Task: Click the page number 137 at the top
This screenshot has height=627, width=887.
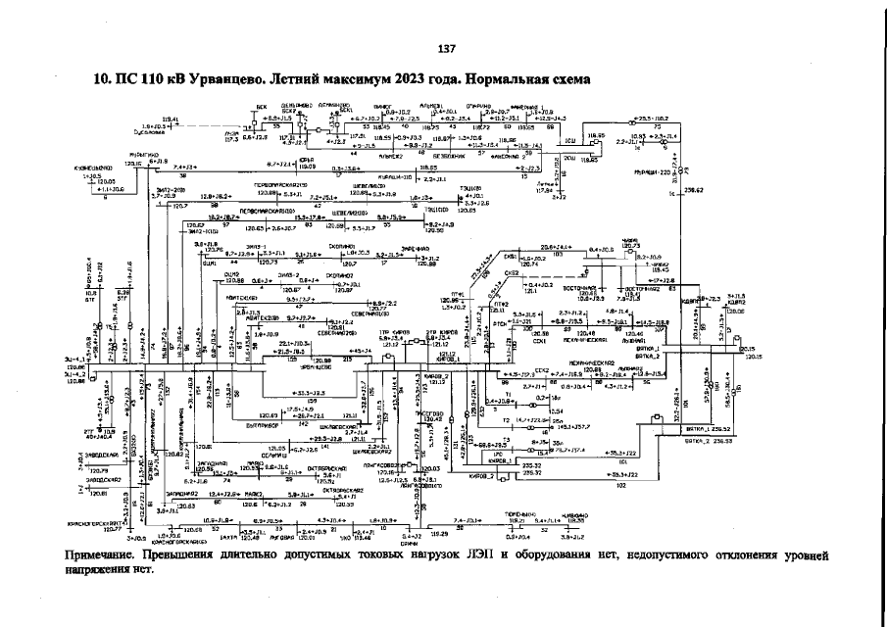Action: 446,49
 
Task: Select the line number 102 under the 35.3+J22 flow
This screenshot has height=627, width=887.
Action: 621,485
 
